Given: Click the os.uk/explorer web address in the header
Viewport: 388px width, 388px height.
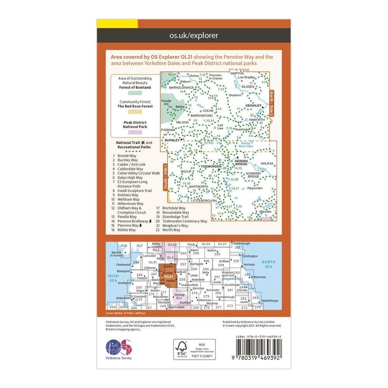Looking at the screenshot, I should [194, 36].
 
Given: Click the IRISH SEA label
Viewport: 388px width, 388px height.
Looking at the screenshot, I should [114, 278].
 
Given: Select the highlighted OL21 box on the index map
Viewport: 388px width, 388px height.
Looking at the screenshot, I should [168, 276].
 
